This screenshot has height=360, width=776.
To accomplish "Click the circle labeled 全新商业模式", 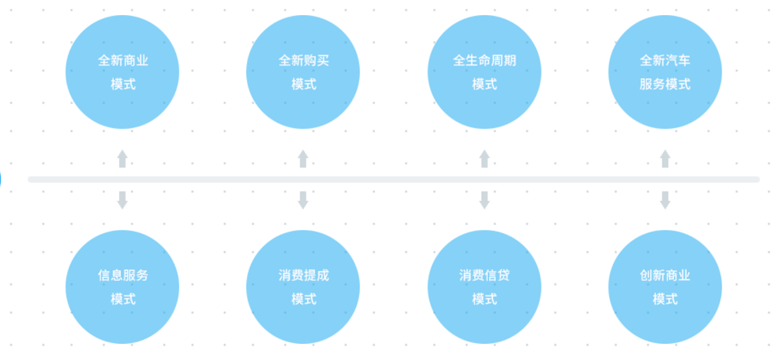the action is (122, 72).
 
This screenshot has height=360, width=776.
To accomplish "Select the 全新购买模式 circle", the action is (303, 72).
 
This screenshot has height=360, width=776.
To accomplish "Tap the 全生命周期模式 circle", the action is (484, 72).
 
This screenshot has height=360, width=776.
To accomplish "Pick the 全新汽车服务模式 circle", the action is (665, 72).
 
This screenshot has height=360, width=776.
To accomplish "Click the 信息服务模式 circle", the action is (122, 287).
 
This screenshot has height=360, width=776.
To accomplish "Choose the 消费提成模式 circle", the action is (303, 287).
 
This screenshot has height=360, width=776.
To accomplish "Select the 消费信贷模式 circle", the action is (484, 287).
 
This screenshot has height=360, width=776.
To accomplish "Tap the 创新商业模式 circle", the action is (665, 287).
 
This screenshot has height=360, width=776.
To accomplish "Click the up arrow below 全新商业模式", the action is (122, 158).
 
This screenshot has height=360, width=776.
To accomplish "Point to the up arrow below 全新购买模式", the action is (303, 158).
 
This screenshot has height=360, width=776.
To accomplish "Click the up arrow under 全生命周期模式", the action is (484, 158).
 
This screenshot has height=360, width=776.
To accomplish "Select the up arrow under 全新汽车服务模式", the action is (665, 158).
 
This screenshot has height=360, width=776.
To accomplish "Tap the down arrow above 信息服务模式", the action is (122, 200).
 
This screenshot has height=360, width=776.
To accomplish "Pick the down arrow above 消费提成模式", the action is (303, 200).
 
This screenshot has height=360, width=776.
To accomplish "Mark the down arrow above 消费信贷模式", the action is (484, 200).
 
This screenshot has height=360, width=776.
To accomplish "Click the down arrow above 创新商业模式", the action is (665, 200).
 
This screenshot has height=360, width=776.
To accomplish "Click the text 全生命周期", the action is (484, 61).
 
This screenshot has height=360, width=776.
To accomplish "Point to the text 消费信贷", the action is (484, 275).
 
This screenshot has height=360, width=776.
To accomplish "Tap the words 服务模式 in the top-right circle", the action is (665, 84).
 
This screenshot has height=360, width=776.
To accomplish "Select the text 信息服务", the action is (123, 275).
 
